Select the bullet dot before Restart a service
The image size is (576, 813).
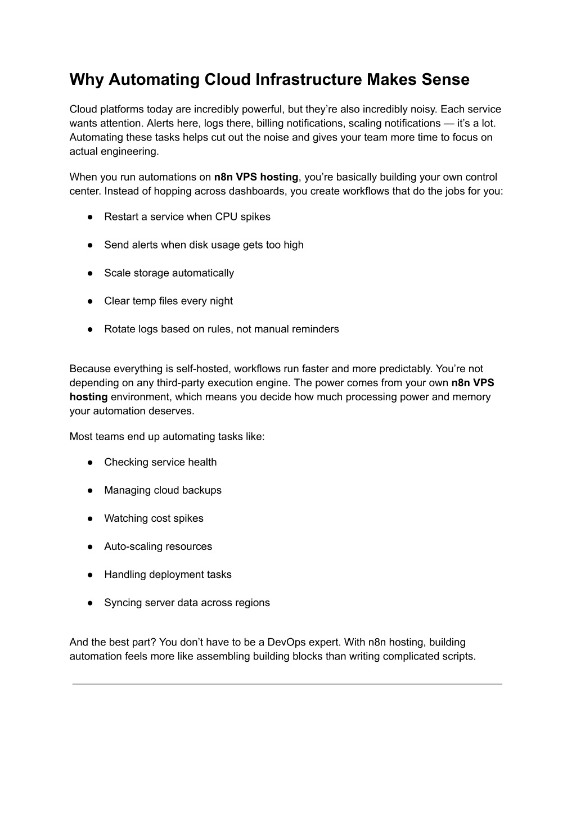(x=90, y=217)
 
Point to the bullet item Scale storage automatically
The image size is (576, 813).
(x=169, y=273)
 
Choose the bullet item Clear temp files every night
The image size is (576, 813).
(x=168, y=301)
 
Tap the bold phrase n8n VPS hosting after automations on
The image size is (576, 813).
(x=256, y=177)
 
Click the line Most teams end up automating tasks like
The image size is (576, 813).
(x=167, y=437)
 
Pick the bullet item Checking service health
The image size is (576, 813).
(x=160, y=462)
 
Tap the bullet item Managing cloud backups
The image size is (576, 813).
(x=163, y=490)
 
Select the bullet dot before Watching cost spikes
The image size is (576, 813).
(x=90, y=518)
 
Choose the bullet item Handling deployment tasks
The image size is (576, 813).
(x=168, y=575)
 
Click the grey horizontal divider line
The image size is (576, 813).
(x=287, y=684)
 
